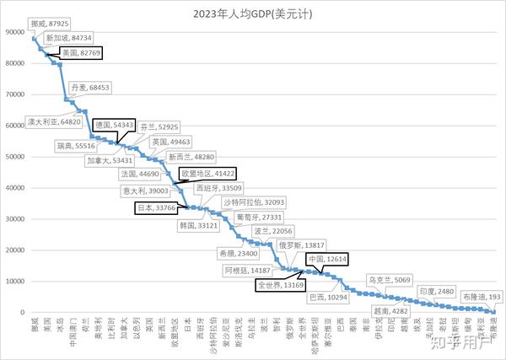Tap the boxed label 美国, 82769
(81, 52)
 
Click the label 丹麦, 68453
(89, 87)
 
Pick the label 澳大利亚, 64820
(53, 121)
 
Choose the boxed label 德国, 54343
(114, 124)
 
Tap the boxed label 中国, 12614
(323, 259)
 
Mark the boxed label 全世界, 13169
(281, 285)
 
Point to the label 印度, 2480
(436, 292)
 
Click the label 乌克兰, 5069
(389, 279)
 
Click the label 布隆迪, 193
(482, 298)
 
